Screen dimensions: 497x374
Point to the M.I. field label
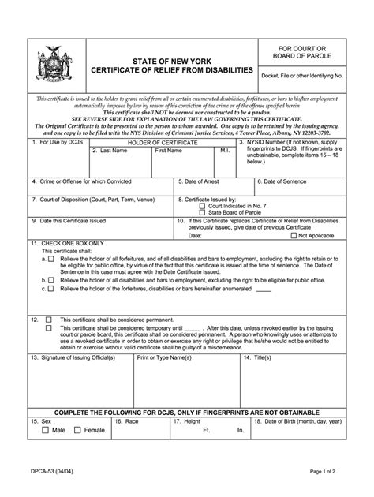(225, 150)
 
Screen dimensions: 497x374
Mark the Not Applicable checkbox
(294, 235)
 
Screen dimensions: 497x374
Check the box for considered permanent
(49, 320)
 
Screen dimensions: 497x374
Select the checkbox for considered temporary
(49, 327)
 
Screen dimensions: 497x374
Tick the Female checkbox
(77, 430)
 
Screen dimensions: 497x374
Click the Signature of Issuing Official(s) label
(76, 357)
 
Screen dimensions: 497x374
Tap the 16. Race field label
(128, 421)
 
